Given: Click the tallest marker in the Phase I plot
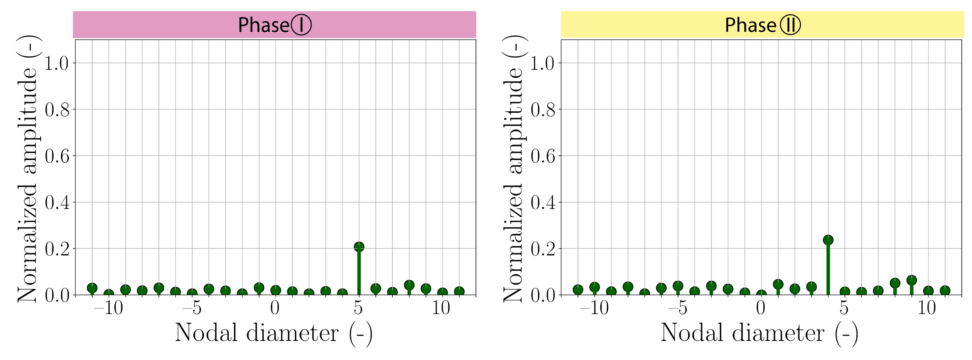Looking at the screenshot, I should click(x=359, y=247).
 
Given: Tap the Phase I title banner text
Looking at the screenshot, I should click(x=274, y=25).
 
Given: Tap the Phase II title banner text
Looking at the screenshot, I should click(x=762, y=25).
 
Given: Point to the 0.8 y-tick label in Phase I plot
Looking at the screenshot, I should click(x=57, y=110).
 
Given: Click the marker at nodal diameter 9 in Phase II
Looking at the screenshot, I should click(x=911, y=280).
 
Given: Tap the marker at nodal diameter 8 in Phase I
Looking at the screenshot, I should click(x=409, y=285).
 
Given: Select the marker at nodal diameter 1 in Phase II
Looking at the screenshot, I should click(x=778, y=284).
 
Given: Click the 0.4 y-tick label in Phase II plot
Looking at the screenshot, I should click(x=542, y=203).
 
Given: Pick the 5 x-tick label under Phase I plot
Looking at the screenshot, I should click(x=359, y=308).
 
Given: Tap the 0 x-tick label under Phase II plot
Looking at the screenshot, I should click(x=761, y=308).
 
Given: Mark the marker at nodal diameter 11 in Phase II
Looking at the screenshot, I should click(x=945, y=290).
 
